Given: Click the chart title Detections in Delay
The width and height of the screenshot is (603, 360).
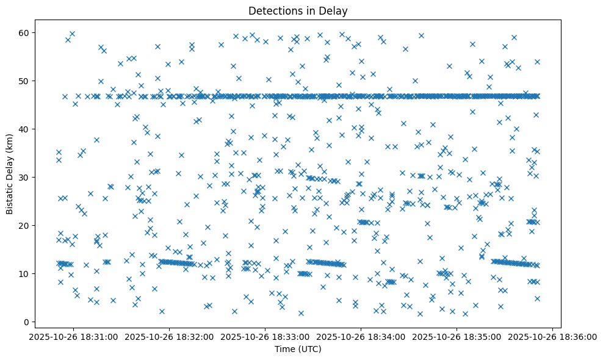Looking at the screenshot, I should point(298,10).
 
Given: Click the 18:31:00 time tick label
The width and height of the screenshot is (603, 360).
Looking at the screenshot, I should point(75,336).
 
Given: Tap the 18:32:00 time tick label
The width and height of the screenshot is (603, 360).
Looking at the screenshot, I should point(170,336).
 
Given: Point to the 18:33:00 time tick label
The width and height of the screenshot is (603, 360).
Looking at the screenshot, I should point(265,336).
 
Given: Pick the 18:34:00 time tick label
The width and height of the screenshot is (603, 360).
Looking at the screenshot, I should point(361,336).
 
